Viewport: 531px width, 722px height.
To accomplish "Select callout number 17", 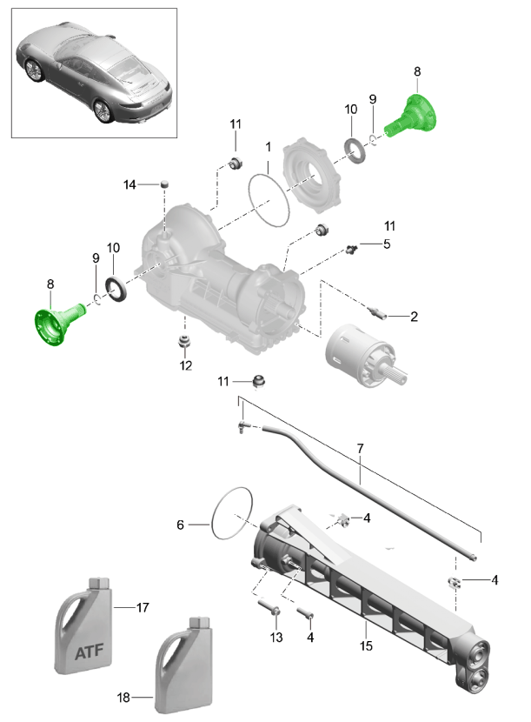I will (x=143, y=606).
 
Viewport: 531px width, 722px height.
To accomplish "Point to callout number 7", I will (x=359, y=448).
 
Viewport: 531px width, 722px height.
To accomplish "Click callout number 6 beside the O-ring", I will (x=181, y=525).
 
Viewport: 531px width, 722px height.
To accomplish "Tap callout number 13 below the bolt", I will (x=276, y=638).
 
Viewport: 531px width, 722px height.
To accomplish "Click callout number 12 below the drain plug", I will (x=184, y=364).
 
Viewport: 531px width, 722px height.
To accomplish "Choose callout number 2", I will (x=414, y=317).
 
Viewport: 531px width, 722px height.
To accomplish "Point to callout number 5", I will (x=386, y=244).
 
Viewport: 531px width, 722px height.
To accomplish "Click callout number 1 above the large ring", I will (x=269, y=147).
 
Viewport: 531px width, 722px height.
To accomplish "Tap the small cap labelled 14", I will (x=163, y=183).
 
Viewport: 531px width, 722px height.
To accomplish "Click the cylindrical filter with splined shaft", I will (x=361, y=356).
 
